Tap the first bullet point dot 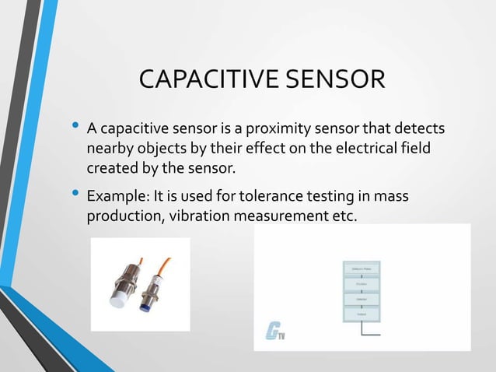(75, 124)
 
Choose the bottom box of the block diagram (360, 313)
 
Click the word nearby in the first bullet (110, 148)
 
